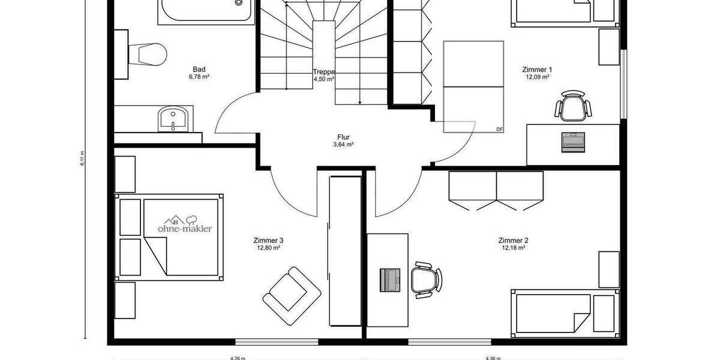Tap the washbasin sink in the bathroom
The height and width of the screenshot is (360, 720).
click(174, 118)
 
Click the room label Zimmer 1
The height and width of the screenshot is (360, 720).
click(537, 70)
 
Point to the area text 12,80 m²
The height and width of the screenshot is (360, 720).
click(269, 247)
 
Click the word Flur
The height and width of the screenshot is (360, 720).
click(343, 137)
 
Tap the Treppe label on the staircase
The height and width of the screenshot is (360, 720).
click(323, 72)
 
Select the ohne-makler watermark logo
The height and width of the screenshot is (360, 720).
click(184, 224)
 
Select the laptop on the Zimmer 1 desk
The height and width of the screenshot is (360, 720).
click(572, 142)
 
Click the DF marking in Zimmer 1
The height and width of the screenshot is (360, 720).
click(499, 129)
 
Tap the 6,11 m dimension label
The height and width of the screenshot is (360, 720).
click(82, 158)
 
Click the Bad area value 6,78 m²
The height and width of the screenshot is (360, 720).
click(199, 77)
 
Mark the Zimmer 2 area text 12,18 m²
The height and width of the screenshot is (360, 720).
click(513, 247)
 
